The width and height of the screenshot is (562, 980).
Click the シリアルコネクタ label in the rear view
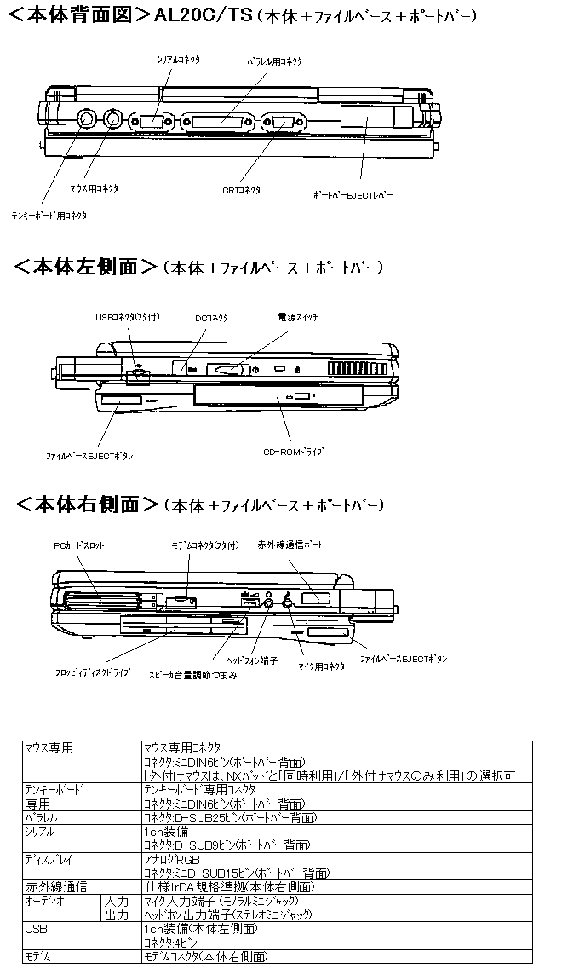tap(177, 61)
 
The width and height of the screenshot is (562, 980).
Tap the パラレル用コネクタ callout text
tap(274, 61)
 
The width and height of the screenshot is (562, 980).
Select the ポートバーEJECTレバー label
tap(353, 194)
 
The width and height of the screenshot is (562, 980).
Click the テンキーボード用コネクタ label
tap(49, 216)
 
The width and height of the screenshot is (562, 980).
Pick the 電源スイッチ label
tap(298, 317)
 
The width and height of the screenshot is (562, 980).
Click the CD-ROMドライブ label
tap(294, 451)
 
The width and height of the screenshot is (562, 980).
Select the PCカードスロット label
tap(79, 545)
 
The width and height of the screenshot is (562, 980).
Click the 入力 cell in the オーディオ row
tap(117, 901)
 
